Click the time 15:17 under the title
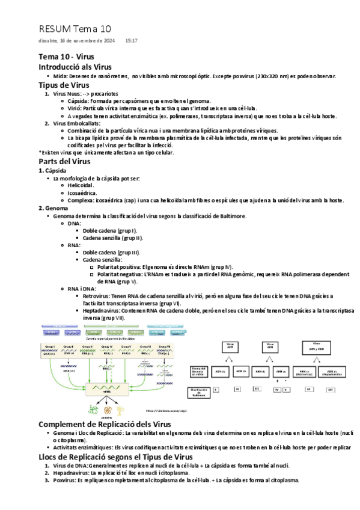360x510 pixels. pos(131,40)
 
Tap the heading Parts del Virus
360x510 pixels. pos(64,161)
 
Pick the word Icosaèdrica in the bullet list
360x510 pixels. pos(83,192)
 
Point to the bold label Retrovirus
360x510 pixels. pos(97,296)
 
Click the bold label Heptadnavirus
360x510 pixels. pos(101,311)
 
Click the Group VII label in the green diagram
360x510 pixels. pos(163,346)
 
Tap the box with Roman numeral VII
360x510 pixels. pos(331,390)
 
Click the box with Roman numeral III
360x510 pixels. pos(257,390)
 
